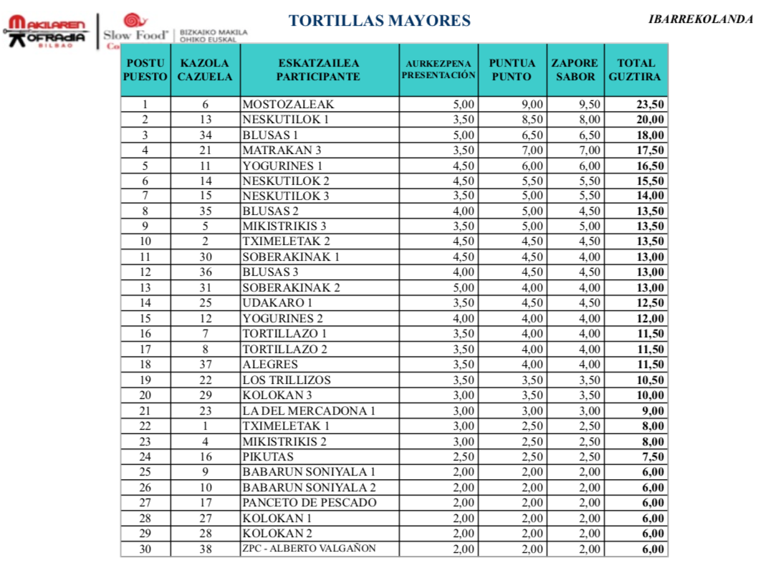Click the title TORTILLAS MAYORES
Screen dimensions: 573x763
coord(379,21)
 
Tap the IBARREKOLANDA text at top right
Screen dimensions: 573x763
coord(701,19)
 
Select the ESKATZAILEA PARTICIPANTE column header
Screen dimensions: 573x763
coord(319,70)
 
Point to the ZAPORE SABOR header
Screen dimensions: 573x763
coord(575,70)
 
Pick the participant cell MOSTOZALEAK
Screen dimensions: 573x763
coord(288,104)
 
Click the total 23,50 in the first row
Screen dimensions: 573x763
coord(651,104)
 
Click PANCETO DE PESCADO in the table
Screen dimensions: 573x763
coord(309,503)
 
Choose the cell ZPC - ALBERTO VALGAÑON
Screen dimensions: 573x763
coord(309,549)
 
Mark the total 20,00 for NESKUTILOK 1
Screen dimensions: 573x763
coord(651,120)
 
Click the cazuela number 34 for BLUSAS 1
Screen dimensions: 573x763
coord(205,135)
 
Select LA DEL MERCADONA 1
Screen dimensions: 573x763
coord(309,411)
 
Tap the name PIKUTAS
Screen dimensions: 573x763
coord(268,457)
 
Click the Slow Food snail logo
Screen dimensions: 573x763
coord(132,21)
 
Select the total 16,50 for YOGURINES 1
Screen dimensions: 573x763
coord(651,165)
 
